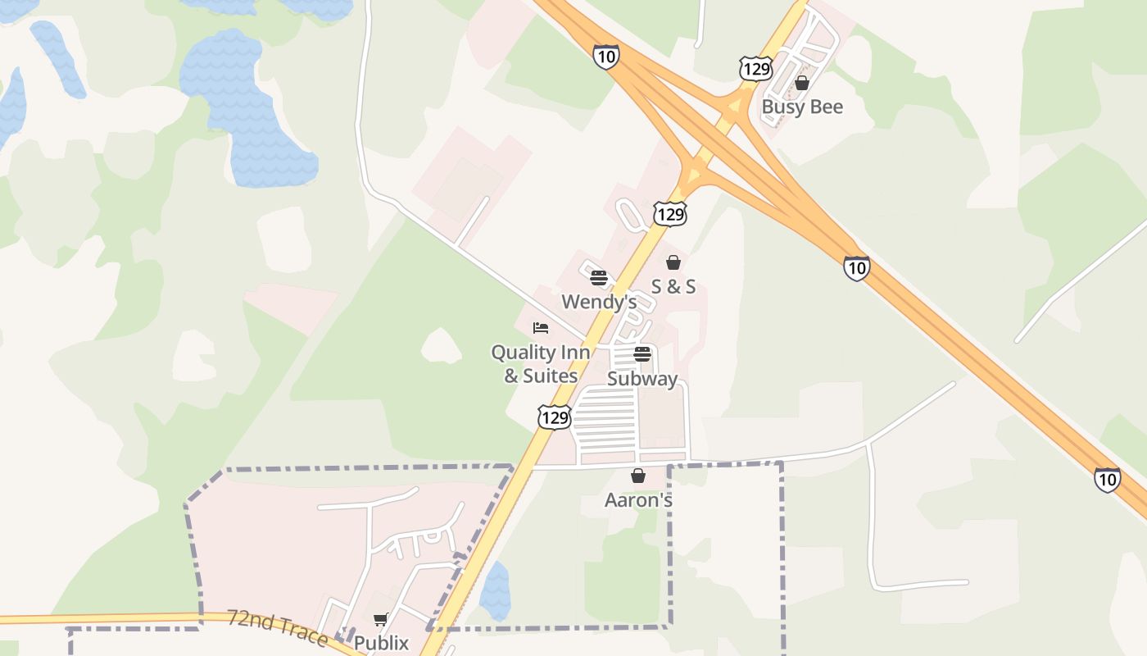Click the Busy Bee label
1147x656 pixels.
pyautogui.click(x=802, y=107)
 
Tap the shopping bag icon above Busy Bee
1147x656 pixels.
pyautogui.click(x=802, y=83)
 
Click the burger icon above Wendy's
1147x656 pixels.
pyautogui.click(x=598, y=277)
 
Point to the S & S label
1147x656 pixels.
pyautogui.click(x=673, y=286)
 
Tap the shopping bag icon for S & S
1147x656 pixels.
pyautogui.click(x=673, y=262)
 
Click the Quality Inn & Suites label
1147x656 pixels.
pyautogui.click(x=540, y=364)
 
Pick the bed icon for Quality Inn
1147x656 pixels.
pyautogui.click(x=541, y=328)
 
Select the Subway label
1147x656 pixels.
pyautogui.click(x=642, y=379)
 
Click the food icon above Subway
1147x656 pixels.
pyautogui.click(x=642, y=354)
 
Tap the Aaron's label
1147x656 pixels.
pyautogui.click(x=638, y=499)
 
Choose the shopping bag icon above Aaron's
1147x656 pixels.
pyautogui.click(x=638, y=476)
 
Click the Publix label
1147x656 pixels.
pyautogui.click(x=381, y=643)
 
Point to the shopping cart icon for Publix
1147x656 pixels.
pyautogui.click(x=380, y=619)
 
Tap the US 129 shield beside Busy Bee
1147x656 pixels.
pyautogui.click(x=755, y=68)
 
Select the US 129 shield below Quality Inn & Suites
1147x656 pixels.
pyautogui.click(x=555, y=417)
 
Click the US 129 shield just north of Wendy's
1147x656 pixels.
pyautogui.click(x=669, y=214)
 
